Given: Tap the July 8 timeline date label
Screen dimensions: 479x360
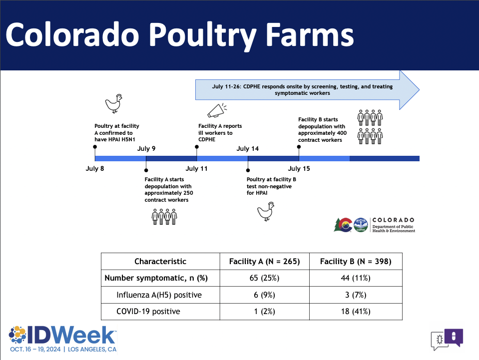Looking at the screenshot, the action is click(x=95, y=169).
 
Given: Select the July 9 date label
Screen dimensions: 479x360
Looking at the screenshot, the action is click(x=146, y=149).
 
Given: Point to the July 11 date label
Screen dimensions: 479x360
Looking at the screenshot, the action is click(x=196, y=169).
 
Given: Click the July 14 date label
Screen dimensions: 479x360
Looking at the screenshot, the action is click(x=247, y=149).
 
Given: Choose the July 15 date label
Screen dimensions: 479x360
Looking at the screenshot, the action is click(x=299, y=169).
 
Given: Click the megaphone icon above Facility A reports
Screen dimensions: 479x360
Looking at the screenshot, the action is click(x=217, y=110).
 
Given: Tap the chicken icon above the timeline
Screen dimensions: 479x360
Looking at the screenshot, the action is click(x=114, y=103).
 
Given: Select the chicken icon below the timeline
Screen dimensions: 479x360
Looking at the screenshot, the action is click(x=266, y=211).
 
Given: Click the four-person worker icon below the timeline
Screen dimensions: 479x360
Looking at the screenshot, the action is click(x=164, y=217).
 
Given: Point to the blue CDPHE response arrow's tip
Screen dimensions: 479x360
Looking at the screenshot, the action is click(x=419, y=90).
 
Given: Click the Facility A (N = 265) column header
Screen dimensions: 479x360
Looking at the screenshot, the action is click(x=265, y=261).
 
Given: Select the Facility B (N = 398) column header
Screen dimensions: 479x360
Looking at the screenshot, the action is click(x=356, y=261).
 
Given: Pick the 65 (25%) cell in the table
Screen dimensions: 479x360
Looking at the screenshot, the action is click(x=264, y=278).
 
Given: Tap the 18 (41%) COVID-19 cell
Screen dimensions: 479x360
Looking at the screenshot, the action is click(x=356, y=312).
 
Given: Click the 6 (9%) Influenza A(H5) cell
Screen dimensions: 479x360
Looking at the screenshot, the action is click(x=264, y=295).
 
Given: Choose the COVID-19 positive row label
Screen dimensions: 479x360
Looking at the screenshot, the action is click(x=148, y=312).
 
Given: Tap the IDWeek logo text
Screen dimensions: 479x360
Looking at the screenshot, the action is click(x=71, y=335).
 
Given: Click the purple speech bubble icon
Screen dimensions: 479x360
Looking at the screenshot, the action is click(x=454, y=337).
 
